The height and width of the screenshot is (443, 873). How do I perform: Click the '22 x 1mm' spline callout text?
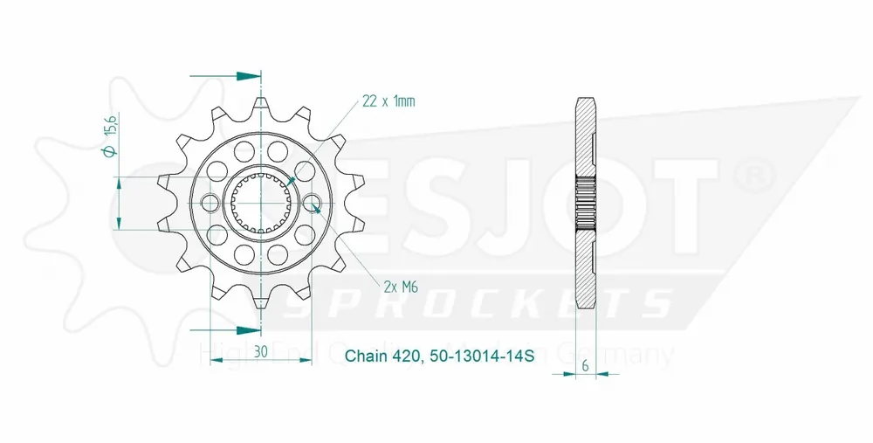click(x=388, y=101)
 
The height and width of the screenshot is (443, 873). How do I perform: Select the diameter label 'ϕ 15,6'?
click(x=109, y=140)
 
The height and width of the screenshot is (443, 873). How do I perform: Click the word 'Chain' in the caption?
click(x=364, y=356)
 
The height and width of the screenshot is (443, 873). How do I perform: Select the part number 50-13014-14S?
click(x=484, y=356)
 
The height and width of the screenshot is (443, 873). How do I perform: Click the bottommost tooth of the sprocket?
click(x=261, y=304)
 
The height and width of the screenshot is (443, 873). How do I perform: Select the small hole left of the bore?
click(x=210, y=204)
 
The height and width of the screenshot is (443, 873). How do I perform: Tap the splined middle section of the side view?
click(x=586, y=204)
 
